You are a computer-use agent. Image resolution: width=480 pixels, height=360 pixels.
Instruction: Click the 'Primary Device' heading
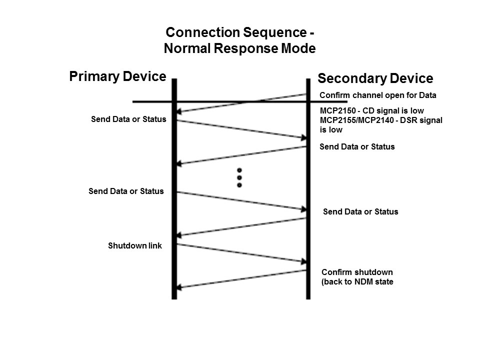[x=117, y=76]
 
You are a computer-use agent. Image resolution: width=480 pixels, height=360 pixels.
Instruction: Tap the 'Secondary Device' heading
[x=375, y=78]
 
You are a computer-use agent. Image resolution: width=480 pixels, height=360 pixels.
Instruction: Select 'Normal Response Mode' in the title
[x=240, y=48]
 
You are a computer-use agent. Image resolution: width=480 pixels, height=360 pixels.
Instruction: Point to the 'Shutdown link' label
[x=135, y=246]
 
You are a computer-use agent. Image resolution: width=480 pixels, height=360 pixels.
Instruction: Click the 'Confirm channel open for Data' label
[x=377, y=95]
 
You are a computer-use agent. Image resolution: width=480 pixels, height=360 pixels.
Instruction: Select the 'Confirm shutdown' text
[x=357, y=272]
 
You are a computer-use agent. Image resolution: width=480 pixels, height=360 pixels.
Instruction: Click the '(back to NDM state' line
[x=357, y=281]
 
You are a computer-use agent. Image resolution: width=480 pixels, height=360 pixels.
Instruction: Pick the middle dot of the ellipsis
[x=239, y=177]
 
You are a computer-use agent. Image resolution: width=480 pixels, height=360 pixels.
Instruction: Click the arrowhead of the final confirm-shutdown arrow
[x=180, y=287]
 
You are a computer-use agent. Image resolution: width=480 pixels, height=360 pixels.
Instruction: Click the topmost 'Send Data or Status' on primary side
[x=128, y=119]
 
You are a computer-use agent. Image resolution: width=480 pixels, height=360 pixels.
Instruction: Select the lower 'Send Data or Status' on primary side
[x=126, y=191]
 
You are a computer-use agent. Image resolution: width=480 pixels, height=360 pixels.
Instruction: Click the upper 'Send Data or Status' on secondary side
[x=357, y=147]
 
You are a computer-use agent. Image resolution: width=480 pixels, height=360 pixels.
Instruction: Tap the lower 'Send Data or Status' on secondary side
[x=360, y=211]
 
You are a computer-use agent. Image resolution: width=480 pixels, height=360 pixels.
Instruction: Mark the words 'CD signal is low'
[x=394, y=111]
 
